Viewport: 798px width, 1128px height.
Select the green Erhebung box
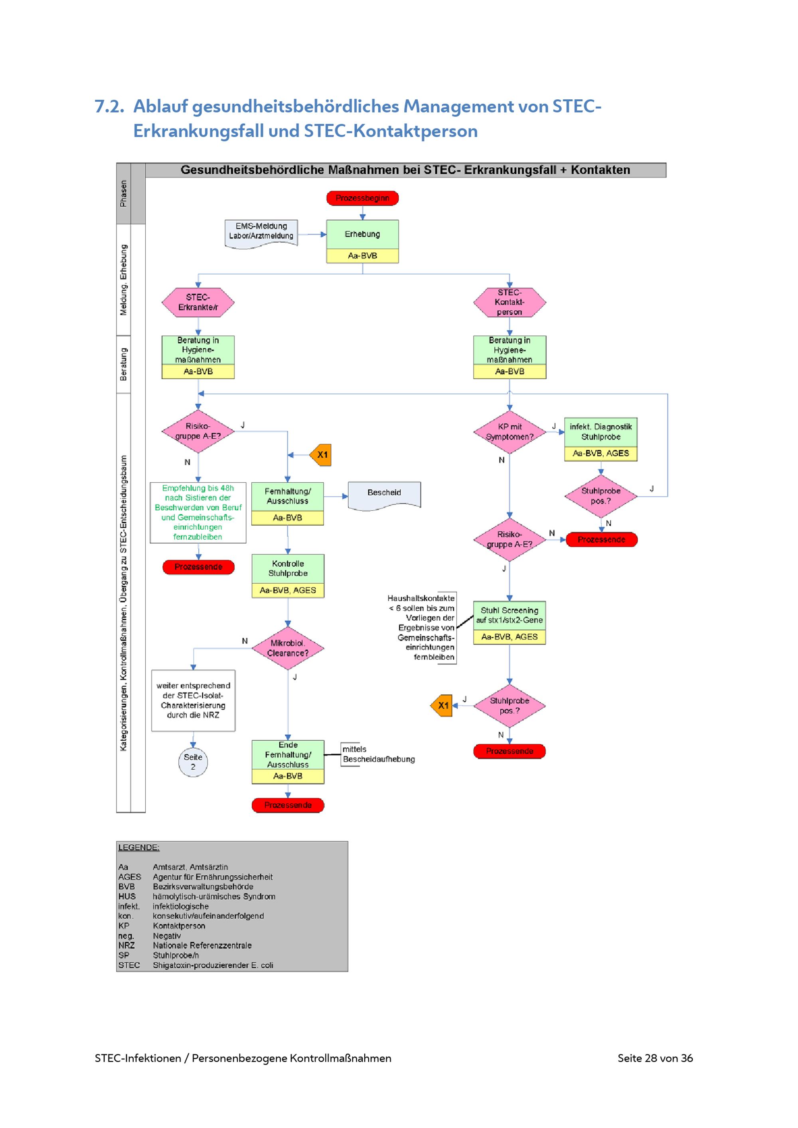(362, 235)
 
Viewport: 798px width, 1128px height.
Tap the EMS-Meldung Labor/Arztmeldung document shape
(261, 232)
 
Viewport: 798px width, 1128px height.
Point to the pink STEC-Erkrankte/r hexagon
(198, 302)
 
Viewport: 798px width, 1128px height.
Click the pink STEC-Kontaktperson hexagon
(509, 302)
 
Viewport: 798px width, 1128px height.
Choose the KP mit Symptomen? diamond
(509, 432)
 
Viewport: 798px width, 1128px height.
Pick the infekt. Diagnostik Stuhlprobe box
(600, 432)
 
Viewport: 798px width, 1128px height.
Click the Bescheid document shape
(384, 493)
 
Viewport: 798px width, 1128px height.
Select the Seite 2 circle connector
(193, 762)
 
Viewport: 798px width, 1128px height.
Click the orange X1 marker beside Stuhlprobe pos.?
(442, 706)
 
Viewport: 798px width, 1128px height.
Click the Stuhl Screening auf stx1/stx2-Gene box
(509, 615)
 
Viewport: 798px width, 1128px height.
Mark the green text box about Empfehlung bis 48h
(198, 513)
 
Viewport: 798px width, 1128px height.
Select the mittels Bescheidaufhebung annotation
(377, 754)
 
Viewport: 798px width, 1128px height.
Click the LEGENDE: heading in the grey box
(138, 848)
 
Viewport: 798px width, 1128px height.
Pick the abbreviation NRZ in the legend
(126, 945)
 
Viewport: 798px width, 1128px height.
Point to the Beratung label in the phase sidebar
(123, 364)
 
